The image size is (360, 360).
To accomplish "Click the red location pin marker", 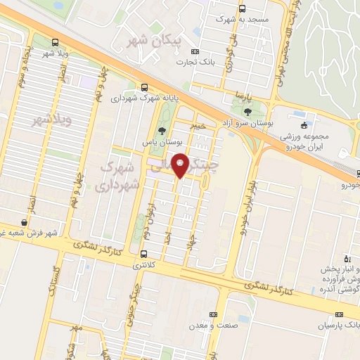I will (181, 165).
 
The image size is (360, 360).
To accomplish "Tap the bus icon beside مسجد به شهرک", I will (243, 9).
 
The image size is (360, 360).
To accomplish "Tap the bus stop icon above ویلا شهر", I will (56, 41).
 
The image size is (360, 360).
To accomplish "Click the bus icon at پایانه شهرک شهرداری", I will (144, 88).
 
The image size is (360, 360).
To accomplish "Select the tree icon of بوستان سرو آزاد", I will (247, 111).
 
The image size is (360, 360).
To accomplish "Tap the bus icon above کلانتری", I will (144, 255).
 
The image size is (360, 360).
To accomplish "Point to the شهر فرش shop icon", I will (25, 223).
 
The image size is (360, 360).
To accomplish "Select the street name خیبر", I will (199, 126).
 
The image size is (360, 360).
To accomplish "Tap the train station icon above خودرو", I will (358, 174).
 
